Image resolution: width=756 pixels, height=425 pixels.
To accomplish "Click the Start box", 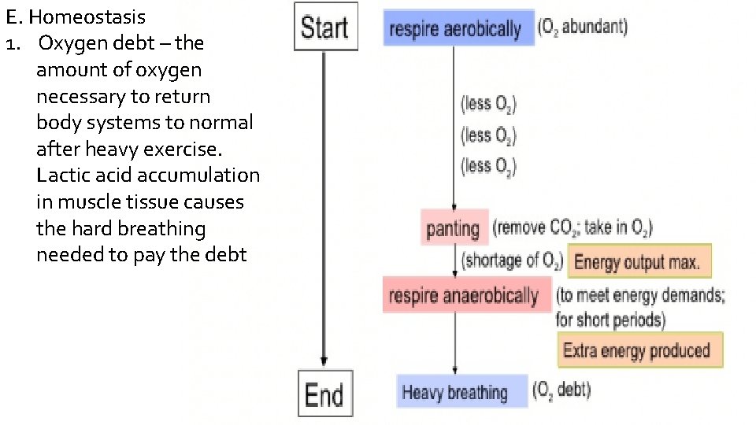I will click(x=325, y=27).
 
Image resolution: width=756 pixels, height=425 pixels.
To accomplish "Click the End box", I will click(x=324, y=394).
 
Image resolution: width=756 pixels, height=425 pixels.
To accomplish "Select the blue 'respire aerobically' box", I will click(x=455, y=29).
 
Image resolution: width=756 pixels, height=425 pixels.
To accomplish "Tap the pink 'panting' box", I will click(x=454, y=228).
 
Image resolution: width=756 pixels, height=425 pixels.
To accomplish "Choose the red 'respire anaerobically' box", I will click(x=464, y=296).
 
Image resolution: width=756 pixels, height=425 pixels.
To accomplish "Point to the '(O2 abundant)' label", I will click(x=583, y=27).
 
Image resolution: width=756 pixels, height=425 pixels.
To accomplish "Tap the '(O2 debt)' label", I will click(x=561, y=389).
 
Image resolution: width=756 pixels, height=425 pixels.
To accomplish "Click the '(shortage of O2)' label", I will click(x=512, y=260).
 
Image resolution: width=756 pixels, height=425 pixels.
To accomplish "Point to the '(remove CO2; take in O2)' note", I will click(x=573, y=227).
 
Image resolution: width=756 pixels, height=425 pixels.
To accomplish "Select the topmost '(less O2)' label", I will click(x=488, y=104).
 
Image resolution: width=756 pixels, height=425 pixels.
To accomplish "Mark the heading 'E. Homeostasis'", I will click(x=75, y=17).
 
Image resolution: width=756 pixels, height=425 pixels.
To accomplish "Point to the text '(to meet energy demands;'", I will click(x=640, y=296).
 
